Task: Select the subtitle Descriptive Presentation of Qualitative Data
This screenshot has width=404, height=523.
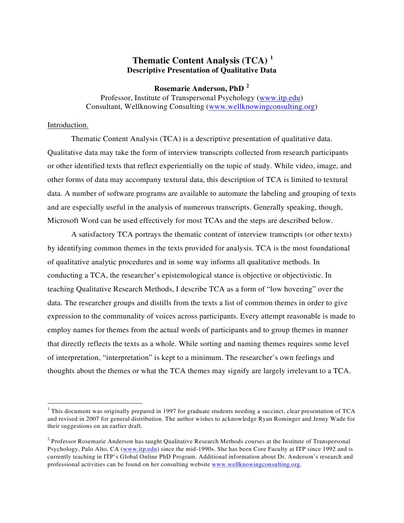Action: tap(201, 71)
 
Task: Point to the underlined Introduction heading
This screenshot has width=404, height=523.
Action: tap(68, 125)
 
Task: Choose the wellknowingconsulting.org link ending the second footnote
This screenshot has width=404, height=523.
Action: tap(256, 465)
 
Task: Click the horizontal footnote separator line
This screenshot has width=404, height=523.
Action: tap(95, 403)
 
